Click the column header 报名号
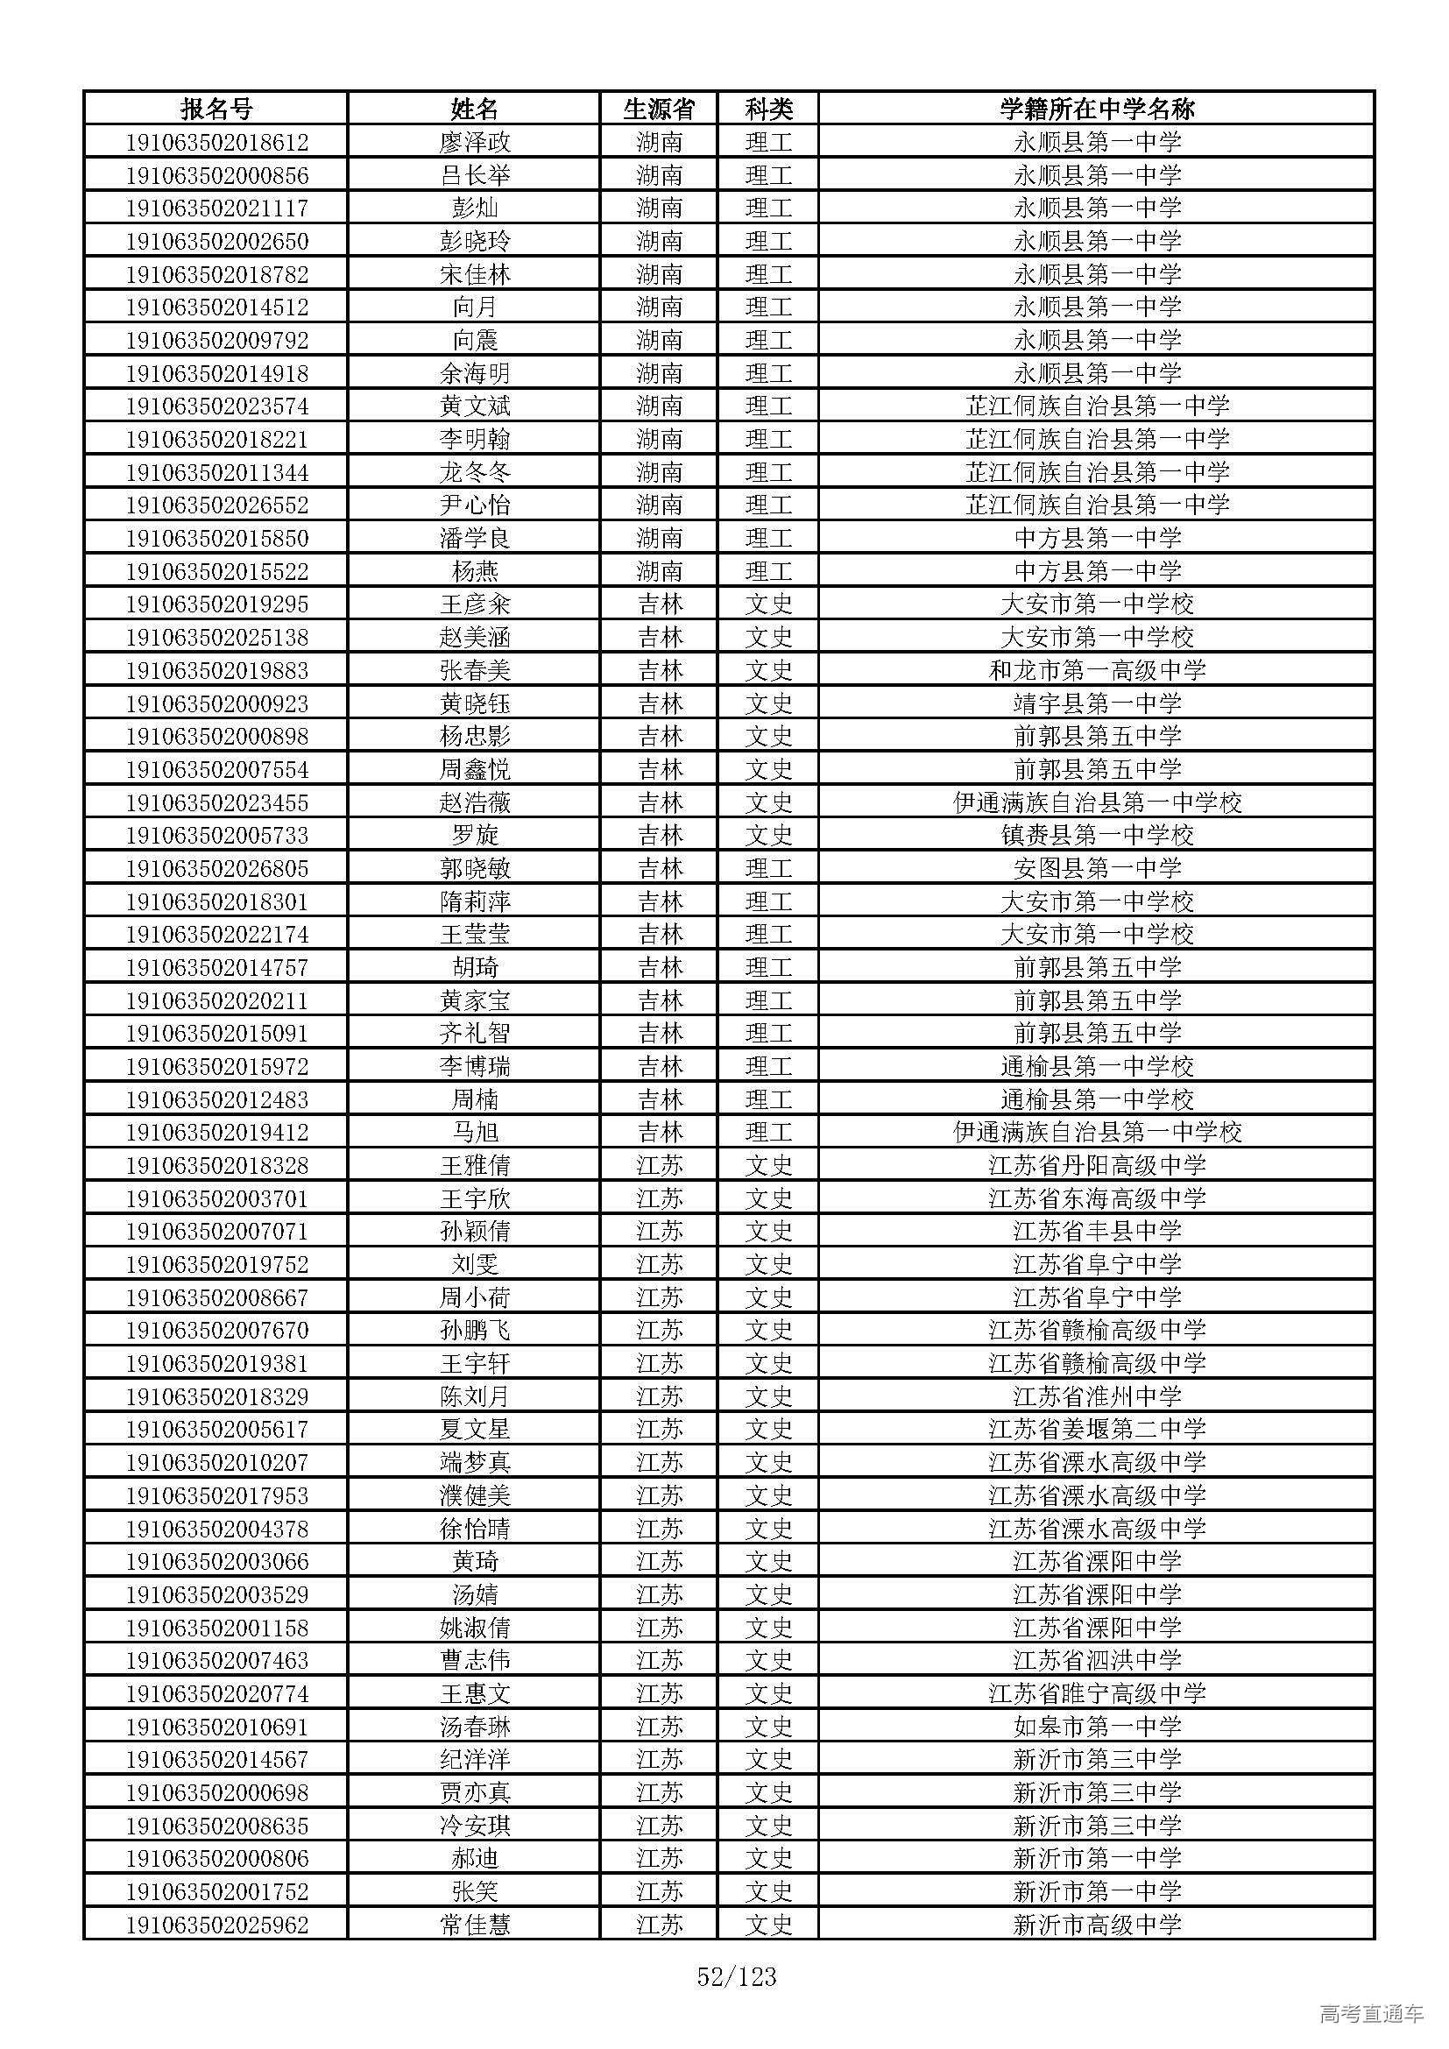tap(216, 109)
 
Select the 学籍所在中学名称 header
tap(1097, 109)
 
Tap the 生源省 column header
tap(659, 109)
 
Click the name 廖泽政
tap(475, 142)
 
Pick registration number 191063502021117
tap(216, 208)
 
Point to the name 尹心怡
tap(475, 505)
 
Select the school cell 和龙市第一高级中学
tap(1097, 670)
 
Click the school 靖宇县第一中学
tap(1097, 703)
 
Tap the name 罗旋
tap(475, 836)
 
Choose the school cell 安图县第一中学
tap(1097, 868)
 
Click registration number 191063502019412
tap(216, 1133)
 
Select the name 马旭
tap(475, 1133)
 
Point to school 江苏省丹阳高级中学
tap(1097, 1165)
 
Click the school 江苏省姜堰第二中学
tap(1097, 1430)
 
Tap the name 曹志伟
tap(475, 1661)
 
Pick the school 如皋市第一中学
tap(1097, 1727)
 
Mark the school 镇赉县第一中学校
tap(1097, 836)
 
